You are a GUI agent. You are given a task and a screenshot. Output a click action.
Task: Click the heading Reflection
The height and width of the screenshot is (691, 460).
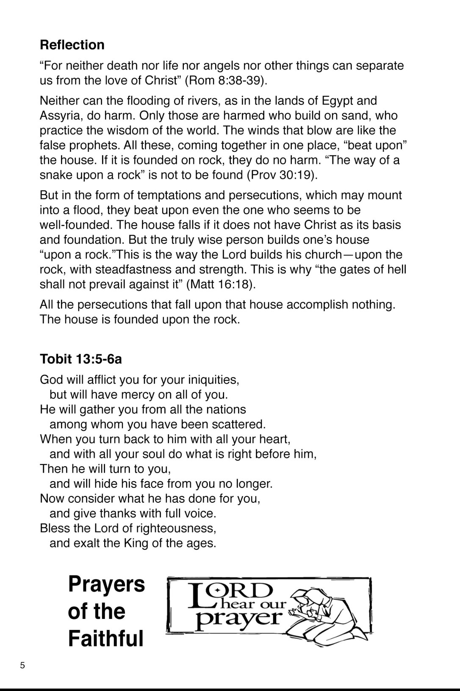(x=72, y=45)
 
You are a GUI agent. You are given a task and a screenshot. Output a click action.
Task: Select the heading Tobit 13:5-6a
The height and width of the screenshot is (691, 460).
(x=81, y=359)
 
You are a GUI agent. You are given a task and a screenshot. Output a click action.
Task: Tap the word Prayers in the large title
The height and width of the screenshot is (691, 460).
(x=106, y=585)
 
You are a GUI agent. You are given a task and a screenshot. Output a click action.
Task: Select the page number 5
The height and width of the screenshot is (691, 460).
(x=22, y=665)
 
